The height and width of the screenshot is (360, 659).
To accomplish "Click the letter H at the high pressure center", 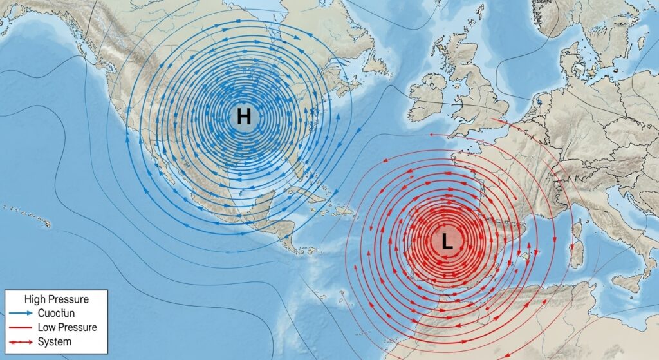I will coord(243,117).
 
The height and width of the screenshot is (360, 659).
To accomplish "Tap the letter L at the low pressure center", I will coord(447,242).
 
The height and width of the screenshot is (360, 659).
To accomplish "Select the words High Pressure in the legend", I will coord(56,299).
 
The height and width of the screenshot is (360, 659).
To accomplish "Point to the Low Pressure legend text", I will coord(67,327).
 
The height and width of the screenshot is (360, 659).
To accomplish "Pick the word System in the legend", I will coord(55,341).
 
